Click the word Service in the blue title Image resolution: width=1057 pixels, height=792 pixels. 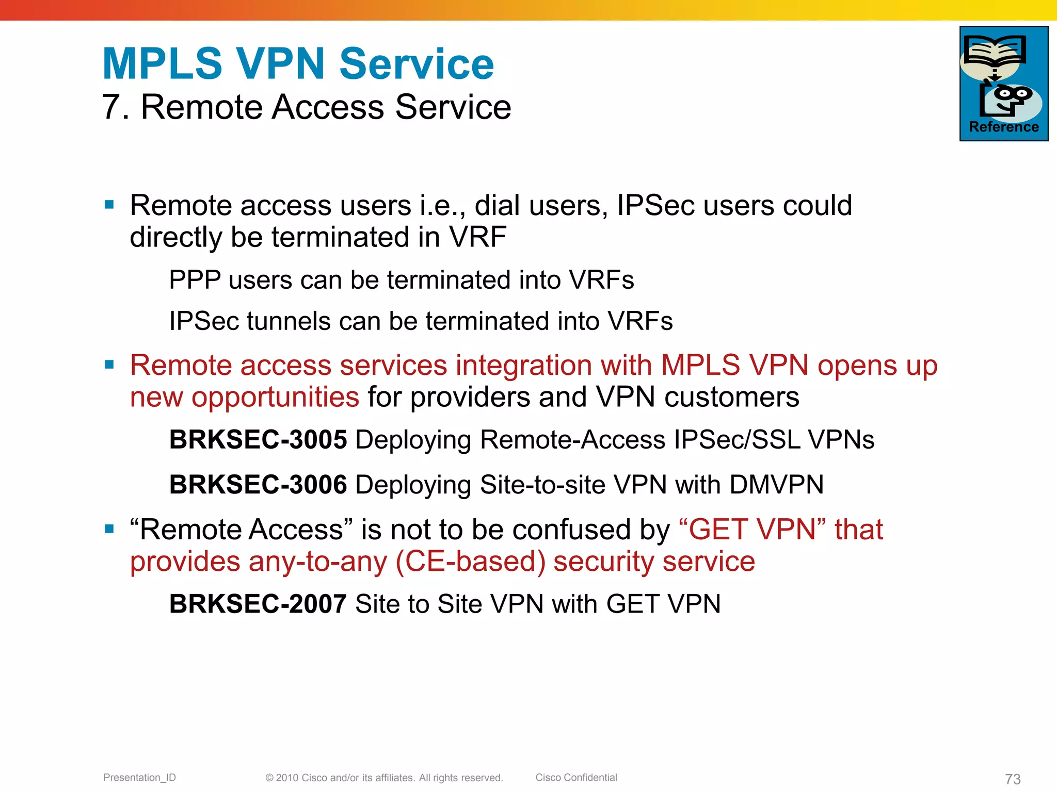click(x=417, y=64)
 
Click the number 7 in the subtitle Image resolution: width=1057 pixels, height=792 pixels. click(x=111, y=107)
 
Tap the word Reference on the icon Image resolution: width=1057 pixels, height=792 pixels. click(x=1004, y=127)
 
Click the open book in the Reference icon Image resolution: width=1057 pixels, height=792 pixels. click(x=995, y=52)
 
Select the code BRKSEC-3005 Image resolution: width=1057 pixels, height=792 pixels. click(x=258, y=440)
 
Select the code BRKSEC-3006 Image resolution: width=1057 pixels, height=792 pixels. click(x=258, y=485)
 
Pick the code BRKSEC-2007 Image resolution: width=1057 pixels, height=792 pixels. click(x=258, y=604)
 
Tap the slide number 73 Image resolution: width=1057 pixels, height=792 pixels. click(x=1013, y=779)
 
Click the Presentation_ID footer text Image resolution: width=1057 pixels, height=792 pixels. click(x=139, y=778)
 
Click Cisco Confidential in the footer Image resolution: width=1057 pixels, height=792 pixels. click(x=576, y=778)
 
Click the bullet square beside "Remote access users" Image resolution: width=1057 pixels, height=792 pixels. click(x=109, y=205)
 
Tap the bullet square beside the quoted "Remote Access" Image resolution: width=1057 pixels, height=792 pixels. click(x=109, y=529)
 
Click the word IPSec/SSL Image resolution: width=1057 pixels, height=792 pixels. click(x=737, y=440)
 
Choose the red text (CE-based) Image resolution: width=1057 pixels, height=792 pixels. click(x=470, y=562)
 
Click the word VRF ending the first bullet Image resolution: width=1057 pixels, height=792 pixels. click(x=477, y=237)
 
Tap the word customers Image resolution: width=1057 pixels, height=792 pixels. click(x=731, y=397)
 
